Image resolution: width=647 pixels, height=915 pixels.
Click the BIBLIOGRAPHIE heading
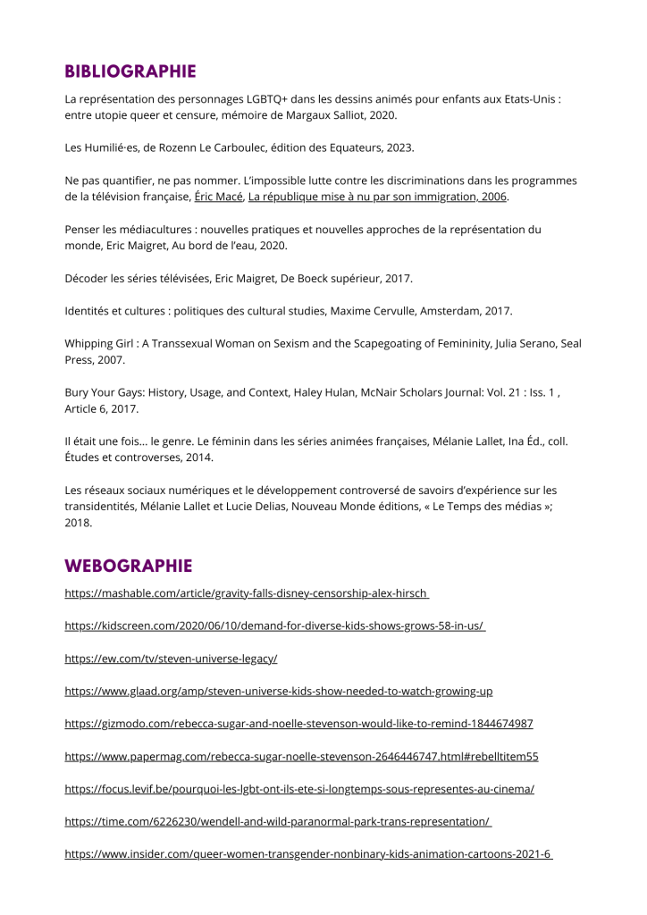pyautogui.click(x=130, y=71)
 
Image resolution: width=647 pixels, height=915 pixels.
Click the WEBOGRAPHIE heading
pyautogui.click(x=128, y=566)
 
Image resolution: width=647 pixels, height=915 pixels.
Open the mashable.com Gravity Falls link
pyautogui.click(x=247, y=593)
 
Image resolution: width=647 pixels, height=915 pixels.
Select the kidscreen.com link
pyautogui.click(x=274, y=626)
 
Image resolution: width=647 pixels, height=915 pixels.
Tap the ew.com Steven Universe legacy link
pyautogui.click(x=171, y=659)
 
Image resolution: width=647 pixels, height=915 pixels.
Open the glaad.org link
pyautogui.click(x=279, y=692)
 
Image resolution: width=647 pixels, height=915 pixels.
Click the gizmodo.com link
pyautogui.click(x=298, y=724)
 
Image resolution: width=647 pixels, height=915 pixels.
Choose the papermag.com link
pyautogui.click(x=301, y=757)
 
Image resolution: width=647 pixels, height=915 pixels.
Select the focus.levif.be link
pyautogui.click(x=299, y=790)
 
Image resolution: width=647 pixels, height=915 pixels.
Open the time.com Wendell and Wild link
pyautogui.click(x=278, y=822)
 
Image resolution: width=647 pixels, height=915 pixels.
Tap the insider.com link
pyautogui.click(x=309, y=855)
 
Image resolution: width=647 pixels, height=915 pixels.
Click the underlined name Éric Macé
pyautogui.click(x=218, y=197)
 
